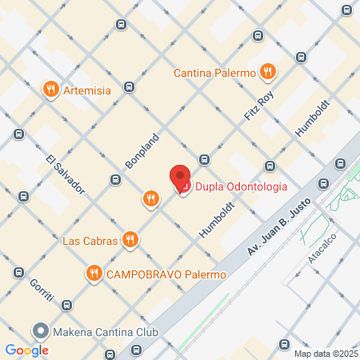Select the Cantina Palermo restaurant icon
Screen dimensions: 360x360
pyautogui.click(x=269, y=73)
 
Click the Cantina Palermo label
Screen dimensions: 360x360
pyautogui.click(x=215, y=74)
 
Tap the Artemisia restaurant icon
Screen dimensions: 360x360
pyautogui.click(x=51, y=90)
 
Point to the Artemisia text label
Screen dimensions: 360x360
pyautogui.click(x=90, y=90)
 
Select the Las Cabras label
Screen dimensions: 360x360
pyautogui.click(x=90, y=240)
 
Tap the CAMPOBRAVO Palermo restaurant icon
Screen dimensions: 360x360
pyautogui.click(x=94, y=274)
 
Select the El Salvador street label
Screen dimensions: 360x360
pyautogui.click(x=66, y=173)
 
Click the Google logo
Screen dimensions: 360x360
pyautogui.click(x=26, y=350)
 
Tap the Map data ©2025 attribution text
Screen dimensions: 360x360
pyautogui.click(x=325, y=354)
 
